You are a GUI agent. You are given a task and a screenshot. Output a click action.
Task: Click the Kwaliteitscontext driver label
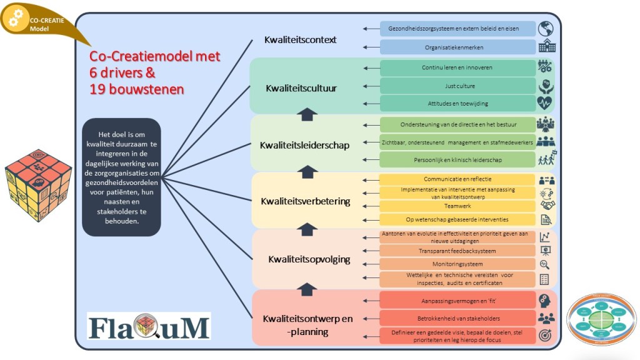tap(301, 40)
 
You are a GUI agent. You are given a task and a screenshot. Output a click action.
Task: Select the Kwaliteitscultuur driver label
tap(301, 88)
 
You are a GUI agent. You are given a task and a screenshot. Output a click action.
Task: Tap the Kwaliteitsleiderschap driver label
tap(304, 146)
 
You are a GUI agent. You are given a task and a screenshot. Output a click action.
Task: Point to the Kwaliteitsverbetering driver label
tap(306, 201)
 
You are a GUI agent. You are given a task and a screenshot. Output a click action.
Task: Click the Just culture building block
tap(457, 86)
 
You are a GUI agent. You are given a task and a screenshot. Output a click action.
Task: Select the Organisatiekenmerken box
tap(457, 47)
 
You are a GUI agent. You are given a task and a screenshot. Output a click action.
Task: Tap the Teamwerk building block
tap(457, 205)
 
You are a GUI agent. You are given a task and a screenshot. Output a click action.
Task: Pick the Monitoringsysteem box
tap(457, 264)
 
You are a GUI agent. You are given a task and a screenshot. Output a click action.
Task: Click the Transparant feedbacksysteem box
tap(457, 251)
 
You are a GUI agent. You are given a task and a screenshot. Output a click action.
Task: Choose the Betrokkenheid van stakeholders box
tap(457, 317)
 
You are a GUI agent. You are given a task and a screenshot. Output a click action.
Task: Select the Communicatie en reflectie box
tap(457, 179)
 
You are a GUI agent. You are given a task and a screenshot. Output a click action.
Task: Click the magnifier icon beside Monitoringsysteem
tap(546, 264)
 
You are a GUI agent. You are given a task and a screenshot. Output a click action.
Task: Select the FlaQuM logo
tap(148, 326)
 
